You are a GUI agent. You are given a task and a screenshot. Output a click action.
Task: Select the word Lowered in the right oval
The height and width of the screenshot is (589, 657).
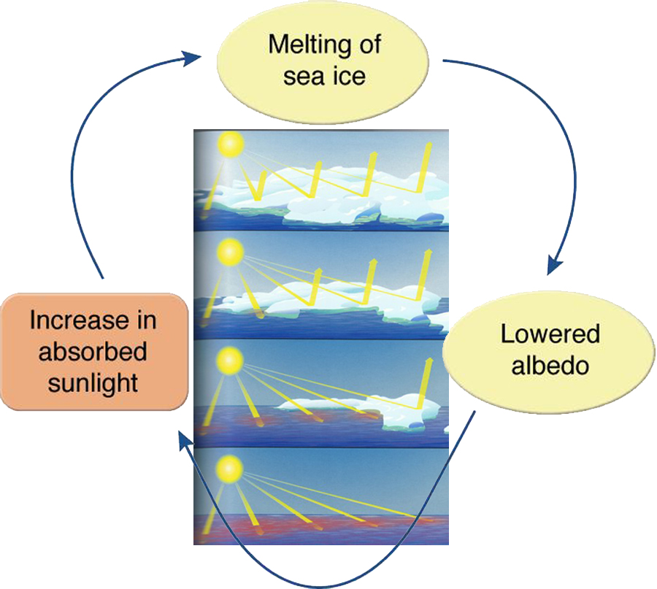(550, 334)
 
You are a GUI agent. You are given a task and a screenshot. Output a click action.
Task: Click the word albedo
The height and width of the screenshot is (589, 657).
(550, 365)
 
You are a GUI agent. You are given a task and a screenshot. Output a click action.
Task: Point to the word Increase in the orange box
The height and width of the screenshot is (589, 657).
(93, 321)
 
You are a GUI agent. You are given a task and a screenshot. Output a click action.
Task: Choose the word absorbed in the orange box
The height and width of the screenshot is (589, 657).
(93, 352)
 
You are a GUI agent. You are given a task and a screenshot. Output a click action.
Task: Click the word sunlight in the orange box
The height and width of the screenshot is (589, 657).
(93, 382)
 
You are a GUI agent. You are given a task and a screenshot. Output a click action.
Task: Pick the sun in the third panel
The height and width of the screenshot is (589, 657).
(229, 359)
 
